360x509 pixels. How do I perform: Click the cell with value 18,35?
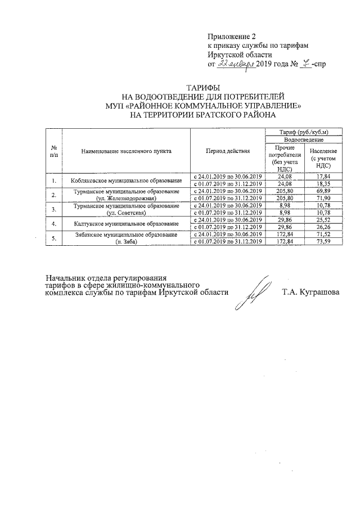click(322, 183)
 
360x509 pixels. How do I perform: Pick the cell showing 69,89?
click(322, 191)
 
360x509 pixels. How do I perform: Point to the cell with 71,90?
click(322, 199)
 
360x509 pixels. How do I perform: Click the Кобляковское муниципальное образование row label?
click(126, 180)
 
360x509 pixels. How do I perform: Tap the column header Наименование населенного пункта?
click(126, 151)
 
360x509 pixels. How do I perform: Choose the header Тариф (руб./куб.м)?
click(303, 132)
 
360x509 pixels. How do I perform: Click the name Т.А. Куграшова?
click(311, 292)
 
